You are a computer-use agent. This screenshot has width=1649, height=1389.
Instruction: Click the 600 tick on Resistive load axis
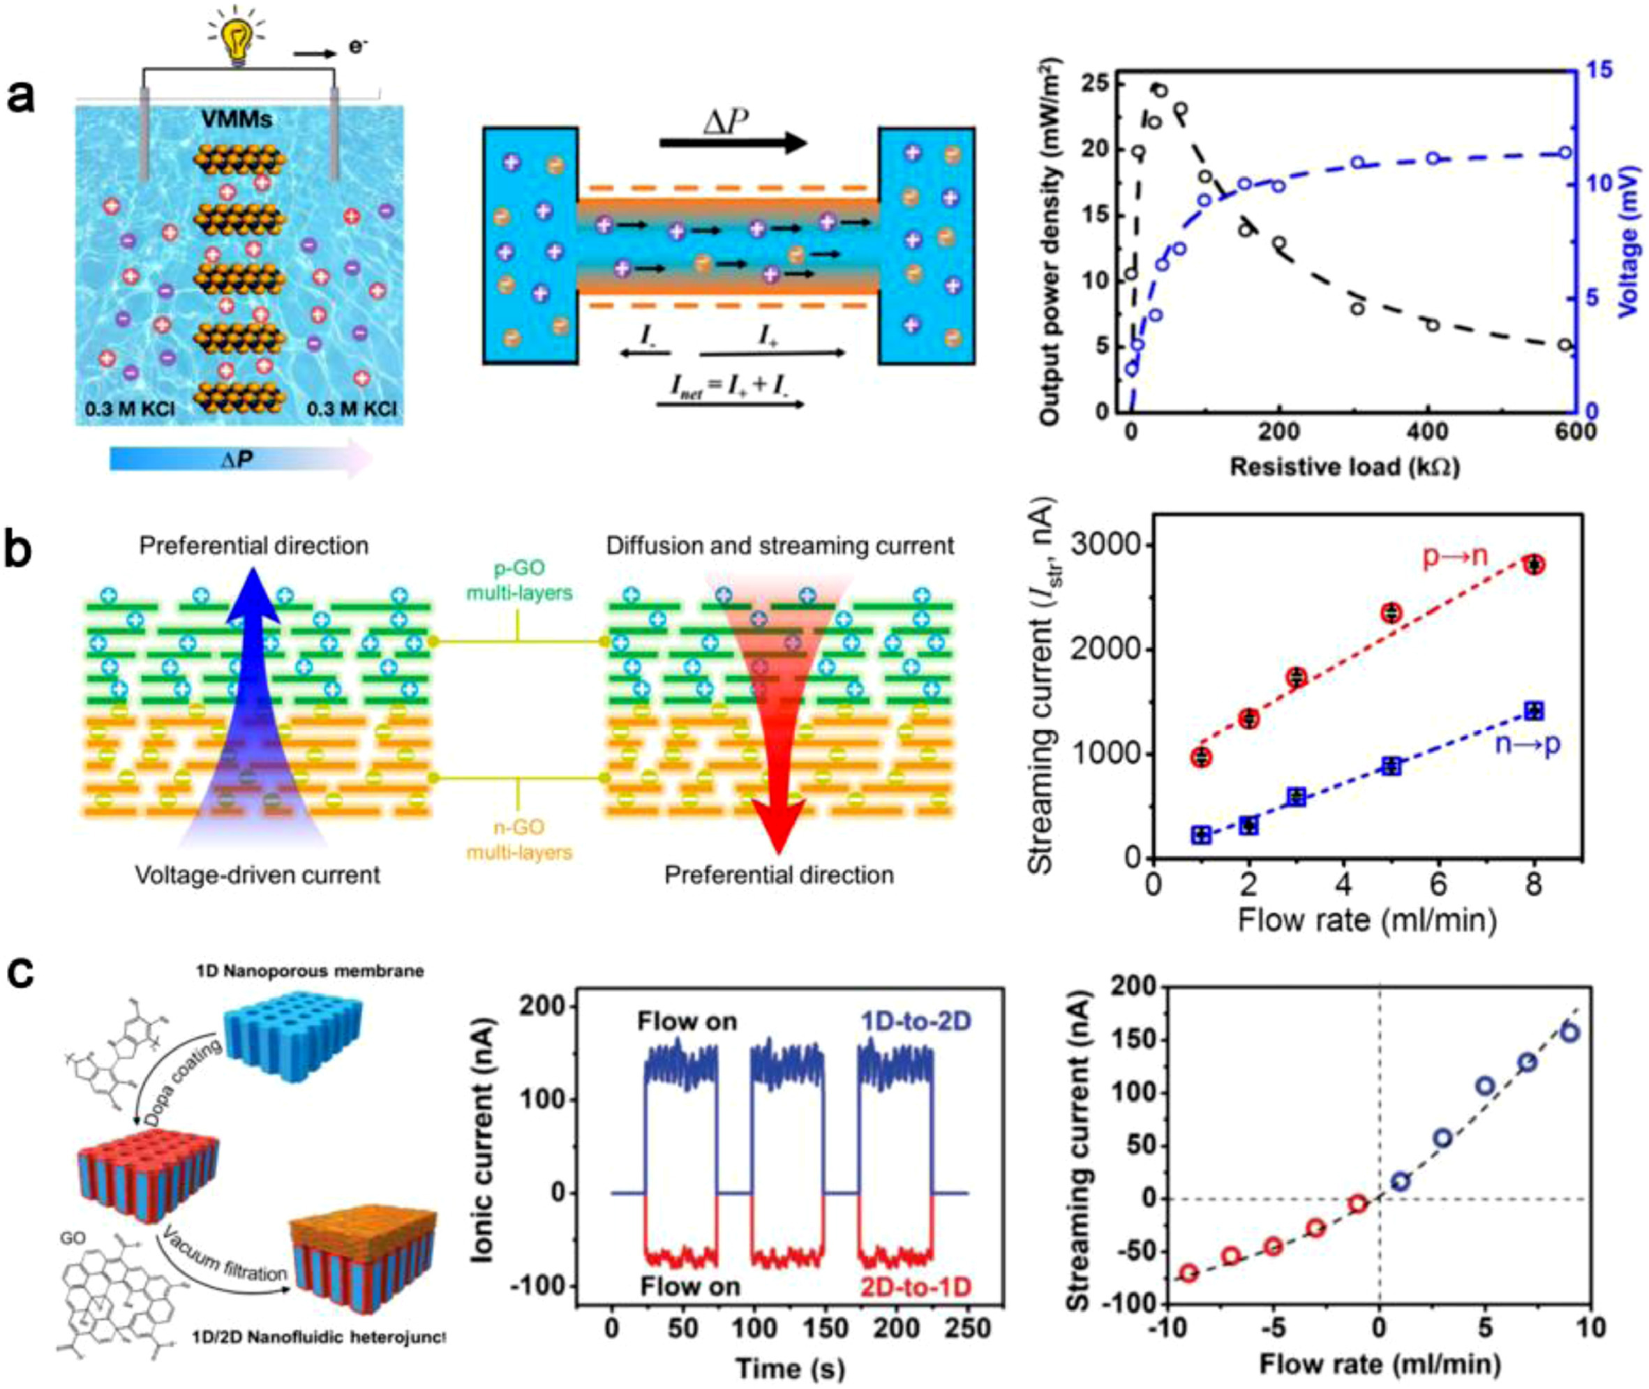coord(1564,433)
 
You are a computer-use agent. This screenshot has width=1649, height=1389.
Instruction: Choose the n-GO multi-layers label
coord(519,839)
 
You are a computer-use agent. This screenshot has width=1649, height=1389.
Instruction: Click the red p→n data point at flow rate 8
coord(1534,564)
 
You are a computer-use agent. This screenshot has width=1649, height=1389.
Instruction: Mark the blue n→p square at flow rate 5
coord(1392,766)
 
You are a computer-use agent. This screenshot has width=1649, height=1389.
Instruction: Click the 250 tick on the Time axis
coord(967,1328)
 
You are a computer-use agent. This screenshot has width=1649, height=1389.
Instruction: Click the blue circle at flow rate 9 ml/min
coord(1569,1033)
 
